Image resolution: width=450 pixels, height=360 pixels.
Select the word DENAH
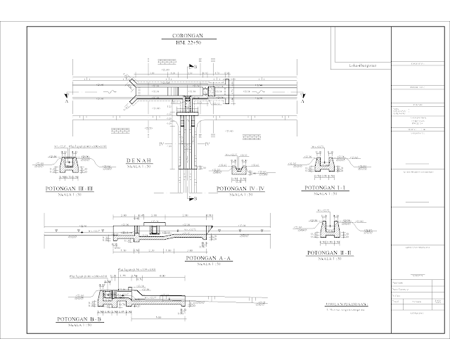tap(143, 160)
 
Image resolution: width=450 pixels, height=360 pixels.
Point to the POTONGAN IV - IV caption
tap(240, 189)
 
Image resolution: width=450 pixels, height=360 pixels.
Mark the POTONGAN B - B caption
tap(79, 321)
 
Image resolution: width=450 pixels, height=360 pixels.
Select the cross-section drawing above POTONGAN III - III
tap(69, 166)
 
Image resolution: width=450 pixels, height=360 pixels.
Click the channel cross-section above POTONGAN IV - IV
tap(240, 169)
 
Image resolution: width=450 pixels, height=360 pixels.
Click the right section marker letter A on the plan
tap(302, 101)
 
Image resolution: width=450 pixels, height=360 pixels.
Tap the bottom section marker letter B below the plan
tap(195, 198)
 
